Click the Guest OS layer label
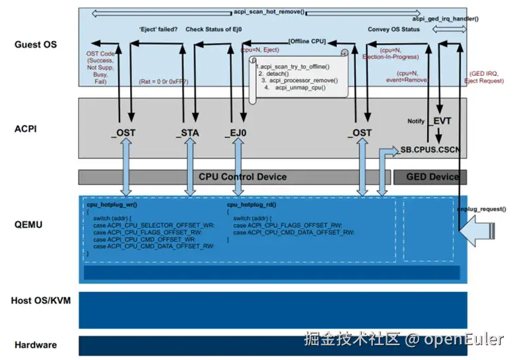click(36, 45)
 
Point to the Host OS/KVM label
click(41, 301)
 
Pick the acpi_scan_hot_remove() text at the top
click(269, 12)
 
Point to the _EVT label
click(440, 122)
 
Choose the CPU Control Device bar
click(242, 177)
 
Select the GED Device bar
click(430, 177)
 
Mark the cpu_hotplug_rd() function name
click(253, 205)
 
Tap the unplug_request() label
click(481, 209)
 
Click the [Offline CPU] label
click(308, 40)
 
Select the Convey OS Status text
click(394, 29)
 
